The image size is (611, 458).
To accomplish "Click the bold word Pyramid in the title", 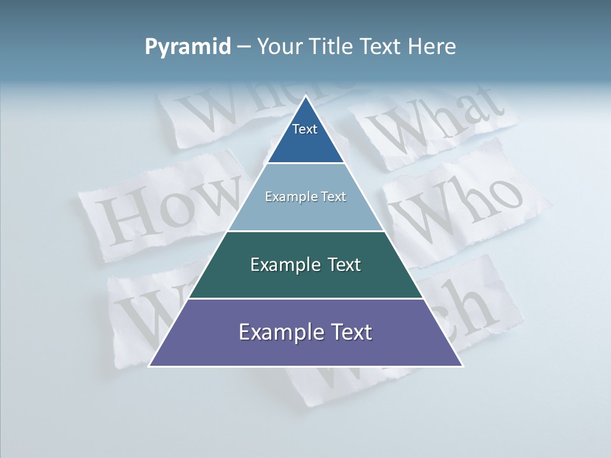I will (188, 47).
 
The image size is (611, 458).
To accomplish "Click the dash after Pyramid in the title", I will (243, 47).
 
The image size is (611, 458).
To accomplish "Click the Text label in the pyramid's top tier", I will (305, 129).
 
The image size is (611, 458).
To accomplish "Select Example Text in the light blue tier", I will (305, 197).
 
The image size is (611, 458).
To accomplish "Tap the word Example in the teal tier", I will (283, 265).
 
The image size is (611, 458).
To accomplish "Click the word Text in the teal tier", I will (344, 265).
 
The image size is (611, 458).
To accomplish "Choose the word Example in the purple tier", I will (276, 332).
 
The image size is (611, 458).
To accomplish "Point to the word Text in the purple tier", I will (349, 332).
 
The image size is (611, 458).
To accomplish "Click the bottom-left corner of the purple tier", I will (150, 366).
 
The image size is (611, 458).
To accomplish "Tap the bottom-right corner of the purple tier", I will (463, 366).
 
